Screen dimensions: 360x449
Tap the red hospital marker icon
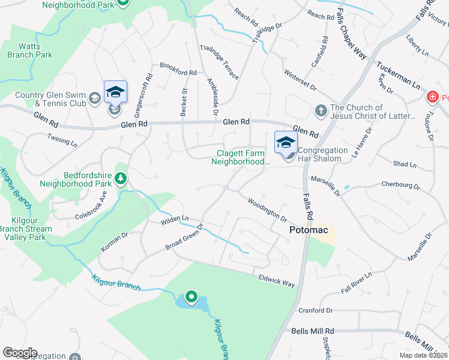[x=432, y=97]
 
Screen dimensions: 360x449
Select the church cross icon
[x=321, y=111]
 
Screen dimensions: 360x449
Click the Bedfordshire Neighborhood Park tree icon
[x=121, y=178]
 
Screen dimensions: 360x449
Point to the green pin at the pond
[x=191, y=296]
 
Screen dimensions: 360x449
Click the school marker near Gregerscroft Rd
[x=115, y=92]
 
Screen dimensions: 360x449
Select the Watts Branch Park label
[x=30, y=50]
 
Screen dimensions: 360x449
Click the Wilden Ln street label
[x=175, y=221]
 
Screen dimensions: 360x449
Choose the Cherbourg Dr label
[x=400, y=185]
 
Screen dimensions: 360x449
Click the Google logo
[x=20, y=352]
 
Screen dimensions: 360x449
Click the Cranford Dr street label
[x=315, y=310]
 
